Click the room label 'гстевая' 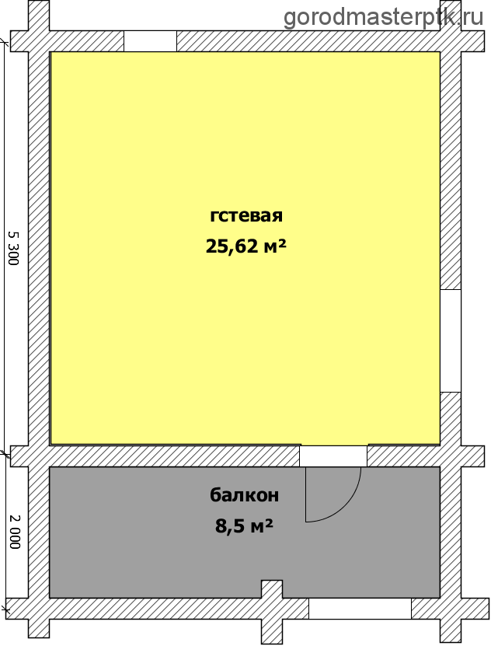(x=246, y=216)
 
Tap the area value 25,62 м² (x=245, y=246)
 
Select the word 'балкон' (x=244, y=494)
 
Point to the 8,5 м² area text (x=244, y=526)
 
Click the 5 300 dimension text (x=13, y=248)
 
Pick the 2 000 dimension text (x=14, y=532)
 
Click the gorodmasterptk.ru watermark (x=383, y=17)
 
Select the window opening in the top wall (x=150, y=41)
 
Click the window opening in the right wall (x=451, y=340)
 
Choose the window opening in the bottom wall (x=360, y=609)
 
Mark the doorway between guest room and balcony (x=333, y=456)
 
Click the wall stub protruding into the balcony (x=272, y=589)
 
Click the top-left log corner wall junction (x=39, y=41)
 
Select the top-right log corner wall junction (x=451, y=41)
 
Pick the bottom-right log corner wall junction (x=451, y=609)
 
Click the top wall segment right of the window (x=308, y=41)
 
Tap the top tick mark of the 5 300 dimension (x=5, y=41)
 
